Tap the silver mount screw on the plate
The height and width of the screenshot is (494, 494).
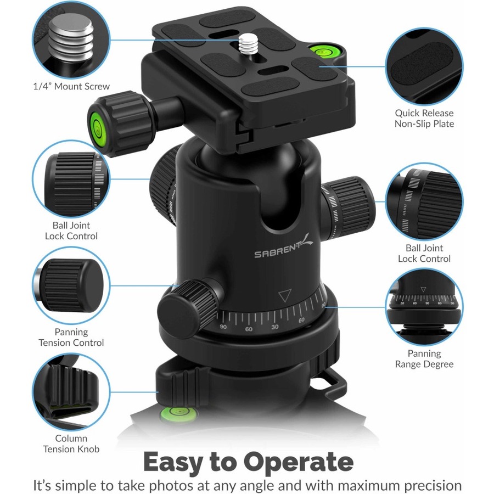tap(249, 44)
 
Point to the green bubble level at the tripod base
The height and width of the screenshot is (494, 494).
tap(178, 414)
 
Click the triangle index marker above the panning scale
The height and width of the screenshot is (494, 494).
tap(285, 295)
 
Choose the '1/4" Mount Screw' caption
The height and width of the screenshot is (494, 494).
tap(71, 86)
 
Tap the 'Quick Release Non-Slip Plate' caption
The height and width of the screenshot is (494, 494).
tap(424, 118)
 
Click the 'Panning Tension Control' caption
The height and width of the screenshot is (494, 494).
tap(71, 337)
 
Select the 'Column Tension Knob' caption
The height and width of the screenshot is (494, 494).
tap(71, 444)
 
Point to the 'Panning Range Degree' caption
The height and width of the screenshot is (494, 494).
tap(424, 358)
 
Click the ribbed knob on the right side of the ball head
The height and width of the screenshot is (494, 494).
tap(349, 207)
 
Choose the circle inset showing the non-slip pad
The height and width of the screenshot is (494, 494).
tap(424, 66)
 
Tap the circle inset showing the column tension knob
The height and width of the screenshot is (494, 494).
tap(71, 391)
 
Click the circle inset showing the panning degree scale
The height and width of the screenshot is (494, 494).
tap(424, 307)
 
